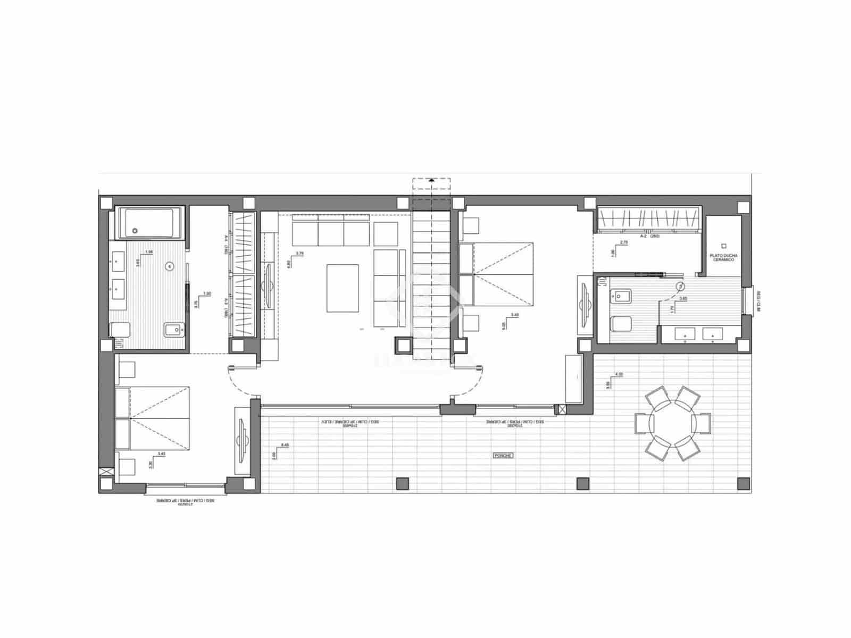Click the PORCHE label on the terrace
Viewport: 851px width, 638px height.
(x=503, y=456)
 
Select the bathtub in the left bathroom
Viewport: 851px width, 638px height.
(x=148, y=223)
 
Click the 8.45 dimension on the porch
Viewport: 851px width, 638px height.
(x=285, y=445)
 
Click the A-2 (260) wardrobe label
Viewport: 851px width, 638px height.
(x=649, y=236)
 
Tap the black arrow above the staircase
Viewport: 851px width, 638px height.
(x=431, y=181)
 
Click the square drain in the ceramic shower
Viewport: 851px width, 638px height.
(x=723, y=246)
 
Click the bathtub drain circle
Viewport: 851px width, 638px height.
(x=135, y=231)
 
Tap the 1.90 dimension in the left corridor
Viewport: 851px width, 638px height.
(x=207, y=293)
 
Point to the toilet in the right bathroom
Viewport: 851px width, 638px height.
(x=620, y=323)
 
